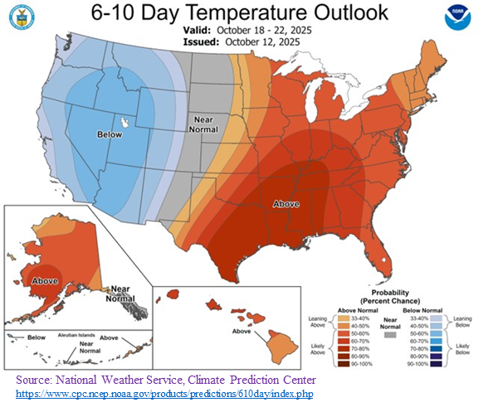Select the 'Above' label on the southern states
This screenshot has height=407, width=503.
coord(286,204)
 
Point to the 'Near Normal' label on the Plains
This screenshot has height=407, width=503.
coord(204,124)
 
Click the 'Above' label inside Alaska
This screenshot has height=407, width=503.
coord(44,280)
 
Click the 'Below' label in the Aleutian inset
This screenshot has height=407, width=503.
coord(36,338)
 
